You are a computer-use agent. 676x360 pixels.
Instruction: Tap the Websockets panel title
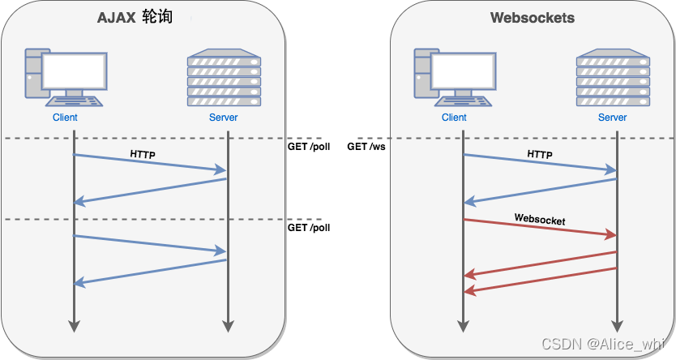[532, 18]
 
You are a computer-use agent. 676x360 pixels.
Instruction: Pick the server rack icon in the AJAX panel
[223, 79]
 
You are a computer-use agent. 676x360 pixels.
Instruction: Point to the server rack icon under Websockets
[613, 79]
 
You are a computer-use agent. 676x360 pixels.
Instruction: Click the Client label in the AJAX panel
[64, 118]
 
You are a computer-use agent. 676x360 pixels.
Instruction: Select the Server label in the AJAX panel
[223, 118]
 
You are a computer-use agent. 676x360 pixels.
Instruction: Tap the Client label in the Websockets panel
[454, 118]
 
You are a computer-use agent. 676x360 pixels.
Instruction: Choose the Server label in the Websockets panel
[613, 118]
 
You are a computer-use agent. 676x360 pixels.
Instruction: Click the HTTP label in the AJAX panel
[143, 152]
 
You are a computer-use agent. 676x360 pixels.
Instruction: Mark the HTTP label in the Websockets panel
[540, 153]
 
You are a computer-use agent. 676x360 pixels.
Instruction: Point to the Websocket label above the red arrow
[539, 219]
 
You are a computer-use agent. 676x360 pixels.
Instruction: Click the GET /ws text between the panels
[366, 147]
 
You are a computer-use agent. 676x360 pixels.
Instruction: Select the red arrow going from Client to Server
[540, 228]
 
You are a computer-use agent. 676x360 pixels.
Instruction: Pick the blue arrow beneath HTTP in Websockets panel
[540, 162]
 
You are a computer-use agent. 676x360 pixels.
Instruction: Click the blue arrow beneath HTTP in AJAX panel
[150, 162]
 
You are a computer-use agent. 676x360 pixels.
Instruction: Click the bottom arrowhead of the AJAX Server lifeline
[228, 325]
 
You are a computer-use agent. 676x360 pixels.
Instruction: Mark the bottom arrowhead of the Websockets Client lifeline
[463, 325]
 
